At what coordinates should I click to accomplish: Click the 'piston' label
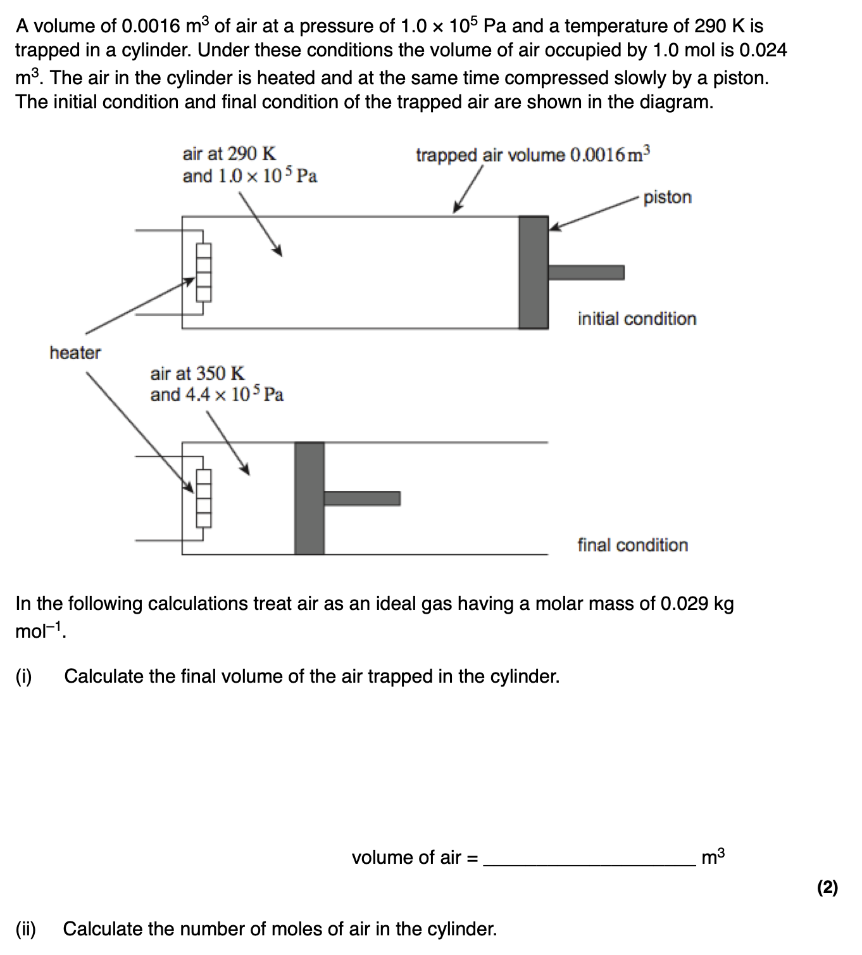point(667,198)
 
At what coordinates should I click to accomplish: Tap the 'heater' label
point(75,353)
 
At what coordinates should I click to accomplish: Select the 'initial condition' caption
point(636,319)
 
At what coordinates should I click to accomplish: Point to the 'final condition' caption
point(632,545)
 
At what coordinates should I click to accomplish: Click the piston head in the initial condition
point(533,272)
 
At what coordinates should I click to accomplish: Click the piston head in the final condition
point(309,498)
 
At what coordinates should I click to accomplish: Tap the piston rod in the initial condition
point(585,272)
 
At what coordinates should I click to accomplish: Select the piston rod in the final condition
point(361,498)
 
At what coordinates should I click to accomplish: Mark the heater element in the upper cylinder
point(203,273)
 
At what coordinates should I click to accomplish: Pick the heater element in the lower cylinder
point(203,498)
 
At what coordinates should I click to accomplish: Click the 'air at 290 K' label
point(229,154)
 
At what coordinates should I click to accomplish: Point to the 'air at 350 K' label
point(197,374)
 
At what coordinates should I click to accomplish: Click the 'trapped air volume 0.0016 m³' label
point(532,155)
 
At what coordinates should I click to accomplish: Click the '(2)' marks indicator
point(827,888)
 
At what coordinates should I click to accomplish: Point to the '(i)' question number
point(23,676)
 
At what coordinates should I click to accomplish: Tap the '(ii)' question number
point(25,929)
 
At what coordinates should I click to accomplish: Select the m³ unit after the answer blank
point(713,857)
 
